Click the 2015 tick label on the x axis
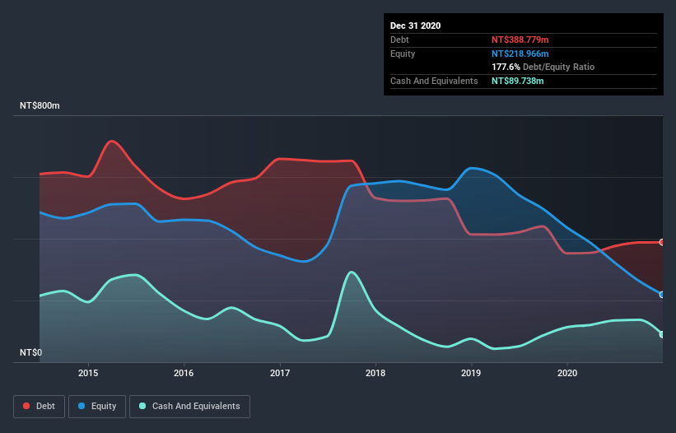[x=88, y=373]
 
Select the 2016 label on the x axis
[x=184, y=373]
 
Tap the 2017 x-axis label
[x=280, y=373]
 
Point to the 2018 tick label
[x=375, y=373]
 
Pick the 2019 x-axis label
[x=472, y=373]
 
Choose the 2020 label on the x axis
[x=567, y=373]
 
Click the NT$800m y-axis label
[x=40, y=106]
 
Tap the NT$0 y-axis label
[x=31, y=353]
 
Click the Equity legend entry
[x=97, y=406]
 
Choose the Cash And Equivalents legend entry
[x=189, y=406]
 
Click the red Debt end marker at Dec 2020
[x=662, y=242]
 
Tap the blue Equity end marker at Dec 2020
[x=662, y=294]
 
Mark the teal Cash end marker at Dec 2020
[x=662, y=334]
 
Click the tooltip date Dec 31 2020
[x=415, y=26]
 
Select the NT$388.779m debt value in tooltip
[x=521, y=40]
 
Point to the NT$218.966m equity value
[x=520, y=54]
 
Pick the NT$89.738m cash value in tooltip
[x=518, y=81]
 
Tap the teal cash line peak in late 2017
[x=352, y=272]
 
